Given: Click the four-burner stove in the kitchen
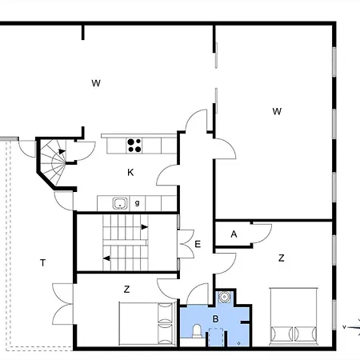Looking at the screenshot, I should pyautogui.click(x=134, y=145).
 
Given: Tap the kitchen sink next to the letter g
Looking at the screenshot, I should pyautogui.click(x=119, y=203).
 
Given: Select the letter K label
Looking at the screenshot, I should pyautogui.click(x=130, y=172).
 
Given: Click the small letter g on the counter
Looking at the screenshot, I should pyautogui.click(x=137, y=203).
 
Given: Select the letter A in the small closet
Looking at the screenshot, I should pyautogui.click(x=234, y=234).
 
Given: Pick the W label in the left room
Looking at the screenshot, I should pyautogui.click(x=95, y=82).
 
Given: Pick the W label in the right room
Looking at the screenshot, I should pyautogui.click(x=276, y=111).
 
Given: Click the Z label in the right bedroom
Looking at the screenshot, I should pyautogui.click(x=281, y=258).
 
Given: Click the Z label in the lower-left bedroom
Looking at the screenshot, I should pyautogui.click(x=126, y=288).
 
